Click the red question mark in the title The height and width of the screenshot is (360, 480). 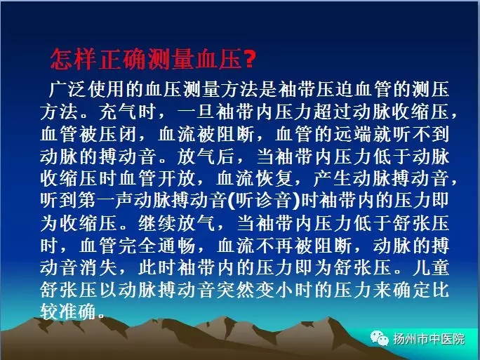click(x=249, y=58)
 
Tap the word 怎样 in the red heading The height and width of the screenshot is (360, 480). click(x=73, y=59)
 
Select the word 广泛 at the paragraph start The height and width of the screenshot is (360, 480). click(x=67, y=89)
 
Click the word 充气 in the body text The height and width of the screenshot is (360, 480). click(x=117, y=112)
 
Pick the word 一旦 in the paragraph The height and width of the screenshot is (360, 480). click(x=196, y=112)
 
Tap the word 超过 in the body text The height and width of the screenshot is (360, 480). click(x=314, y=112)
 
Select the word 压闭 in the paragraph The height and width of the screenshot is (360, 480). click(x=117, y=134)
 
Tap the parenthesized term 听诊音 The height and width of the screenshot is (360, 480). click(x=264, y=201)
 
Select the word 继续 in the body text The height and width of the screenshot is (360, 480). click(x=156, y=223)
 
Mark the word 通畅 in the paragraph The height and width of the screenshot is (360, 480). click(x=176, y=246)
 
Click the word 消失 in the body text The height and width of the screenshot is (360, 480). click(x=98, y=268)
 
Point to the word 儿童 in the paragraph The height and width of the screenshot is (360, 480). click(x=431, y=268)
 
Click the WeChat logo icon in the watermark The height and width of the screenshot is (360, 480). click(x=380, y=338)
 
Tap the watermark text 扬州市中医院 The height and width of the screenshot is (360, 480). click(x=429, y=339)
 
